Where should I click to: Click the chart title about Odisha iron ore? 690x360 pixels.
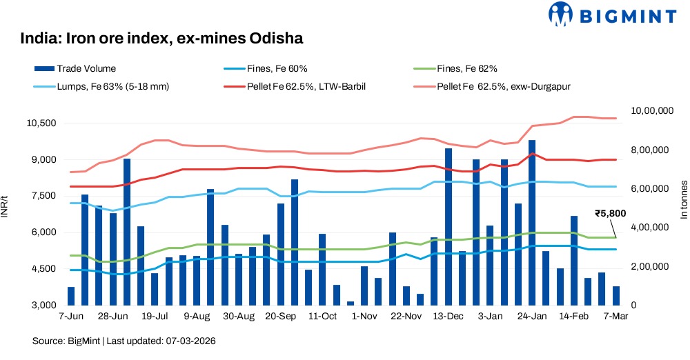point(162,39)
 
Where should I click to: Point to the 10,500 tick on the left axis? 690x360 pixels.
point(40,123)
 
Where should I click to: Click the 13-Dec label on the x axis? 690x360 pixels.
point(448,317)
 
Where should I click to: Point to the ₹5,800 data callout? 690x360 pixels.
point(610,214)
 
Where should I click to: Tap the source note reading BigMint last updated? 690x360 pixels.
point(128,341)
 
